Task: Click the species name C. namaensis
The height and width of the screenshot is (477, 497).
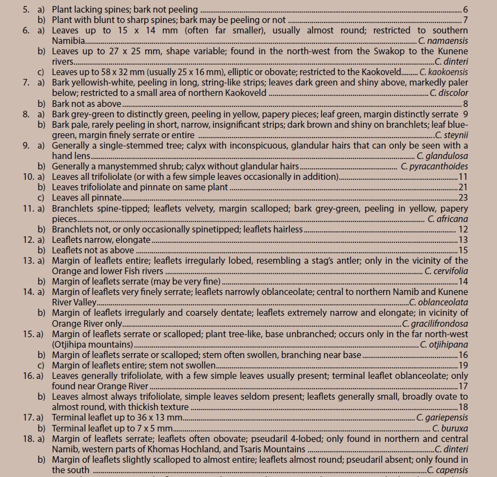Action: [x=443, y=41]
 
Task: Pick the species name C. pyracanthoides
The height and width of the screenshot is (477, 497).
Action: [x=434, y=166]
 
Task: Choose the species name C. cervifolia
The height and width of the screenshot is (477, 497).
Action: [x=446, y=271]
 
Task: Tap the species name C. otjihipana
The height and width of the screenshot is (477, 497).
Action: [x=444, y=344]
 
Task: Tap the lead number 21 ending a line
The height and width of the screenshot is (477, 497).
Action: [x=463, y=188]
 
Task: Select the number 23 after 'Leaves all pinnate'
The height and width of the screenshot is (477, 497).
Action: [x=463, y=198]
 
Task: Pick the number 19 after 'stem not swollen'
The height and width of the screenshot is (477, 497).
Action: [x=463, y=366]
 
